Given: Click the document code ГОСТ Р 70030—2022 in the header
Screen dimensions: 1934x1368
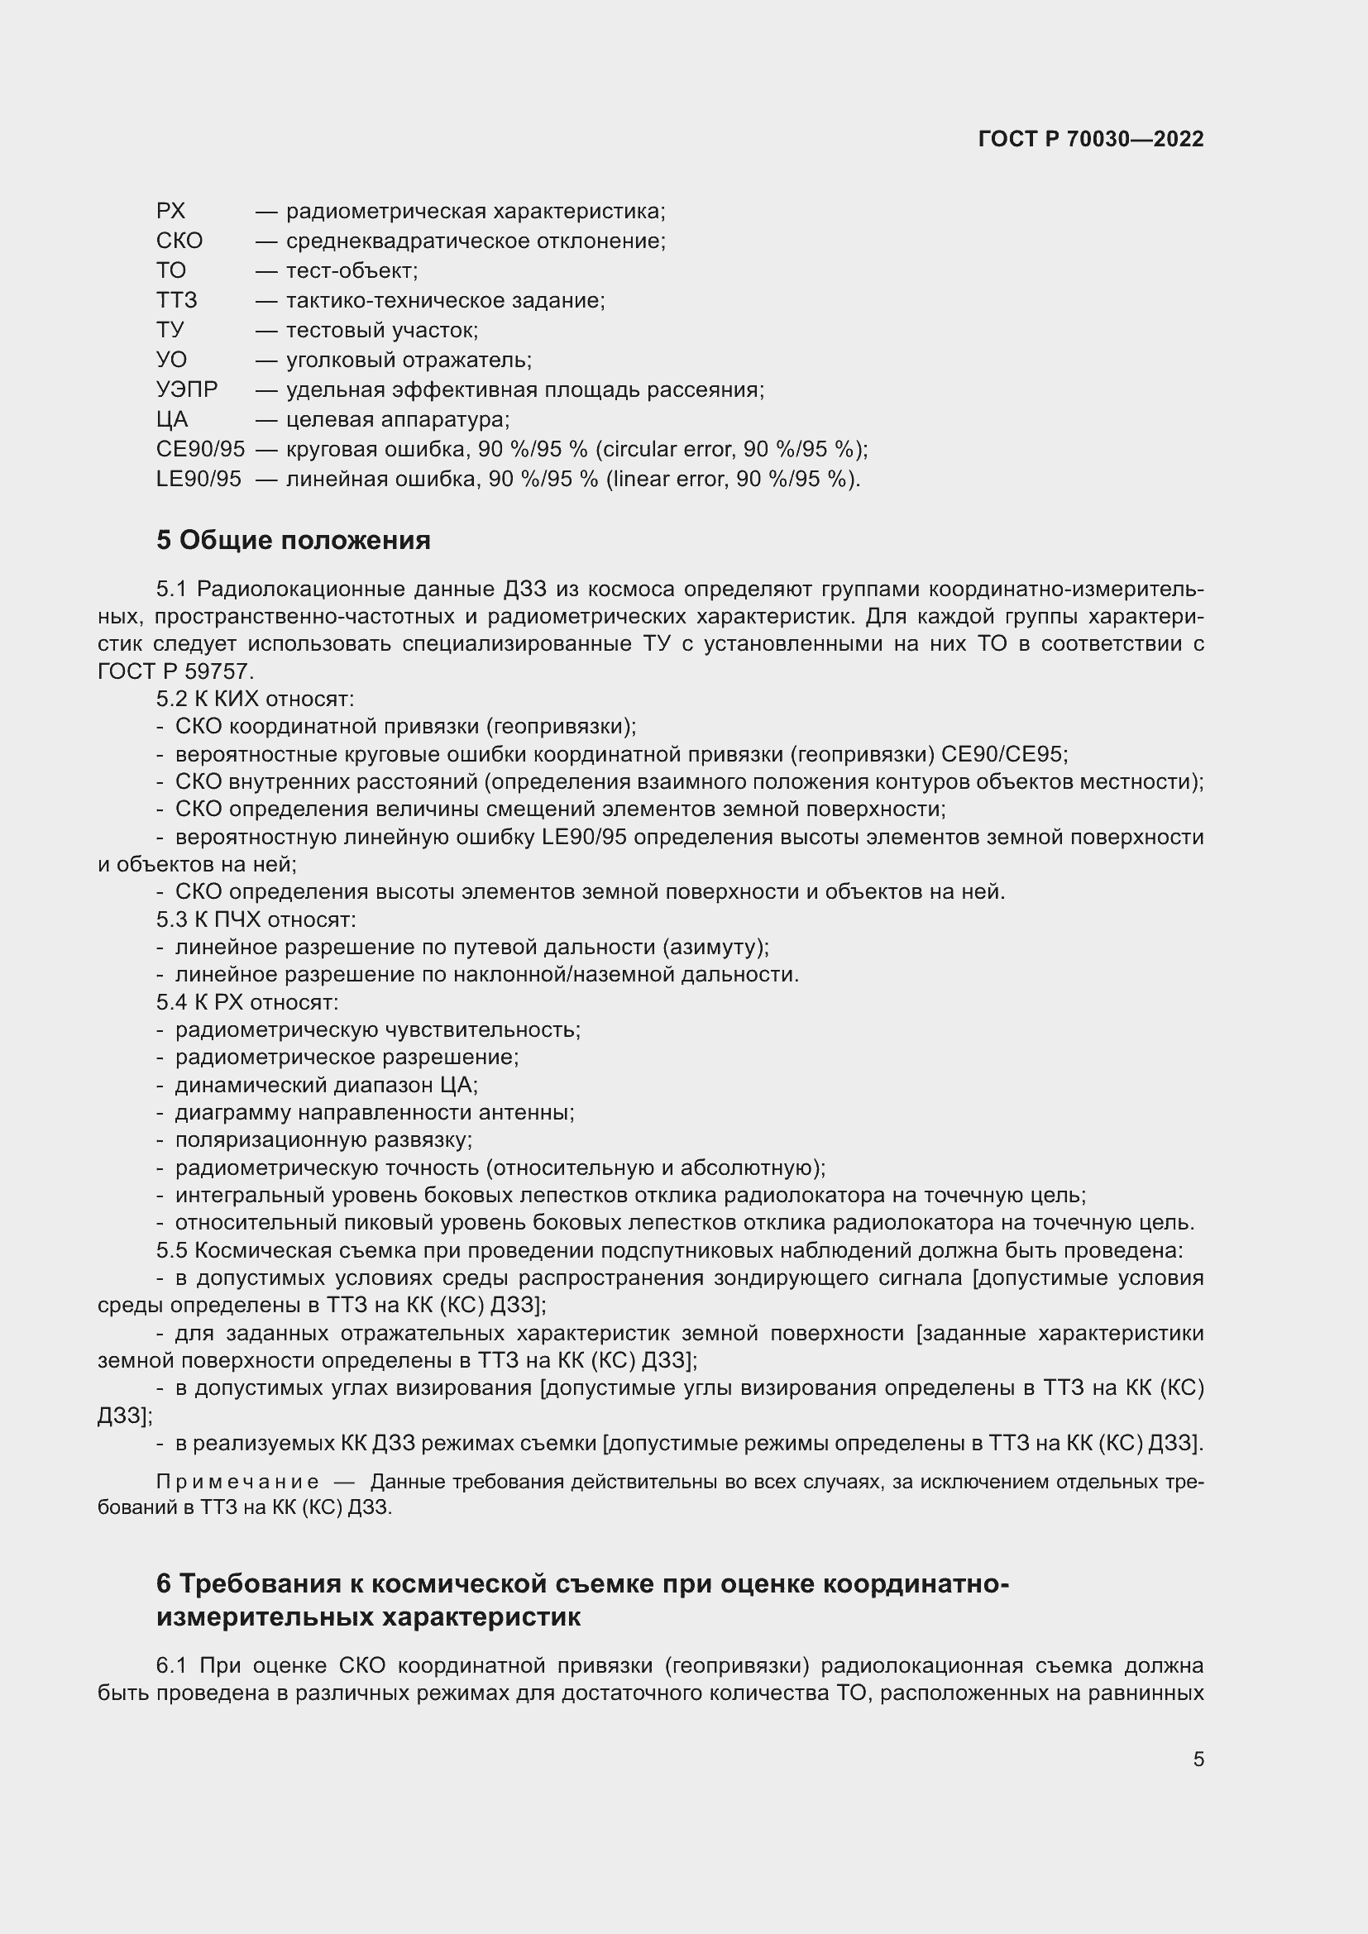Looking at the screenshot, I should click(1091, 139).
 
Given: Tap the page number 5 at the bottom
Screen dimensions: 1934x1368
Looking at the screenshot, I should click(1198, 1759).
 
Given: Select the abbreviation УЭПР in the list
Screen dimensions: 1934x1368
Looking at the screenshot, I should click(187, 390).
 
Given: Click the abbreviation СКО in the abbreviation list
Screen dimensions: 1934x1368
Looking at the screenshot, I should click(179, 241).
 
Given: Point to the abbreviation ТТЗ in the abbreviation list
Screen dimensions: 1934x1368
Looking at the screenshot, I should click(177, 300).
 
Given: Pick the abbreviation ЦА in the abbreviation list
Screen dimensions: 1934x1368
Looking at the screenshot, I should click(172, 419).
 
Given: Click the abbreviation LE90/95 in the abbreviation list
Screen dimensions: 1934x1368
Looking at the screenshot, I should click(199, 480).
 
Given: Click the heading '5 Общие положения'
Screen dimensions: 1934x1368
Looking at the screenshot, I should click(293, 540).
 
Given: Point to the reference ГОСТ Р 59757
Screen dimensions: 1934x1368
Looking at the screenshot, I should click(175, 671).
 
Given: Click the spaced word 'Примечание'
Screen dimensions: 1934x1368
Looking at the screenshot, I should click(237, 1482).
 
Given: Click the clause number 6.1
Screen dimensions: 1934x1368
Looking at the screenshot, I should click(171, 1665).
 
